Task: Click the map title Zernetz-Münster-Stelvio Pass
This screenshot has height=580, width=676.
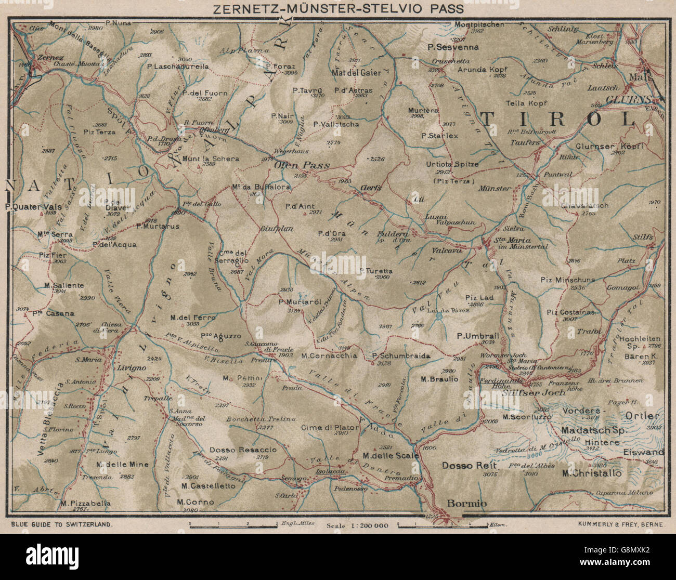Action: click(x=337, y=9)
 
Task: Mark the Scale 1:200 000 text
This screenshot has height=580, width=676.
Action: click(x=358, y=525)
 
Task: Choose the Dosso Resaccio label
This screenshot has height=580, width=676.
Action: click(x=243, y=450)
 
